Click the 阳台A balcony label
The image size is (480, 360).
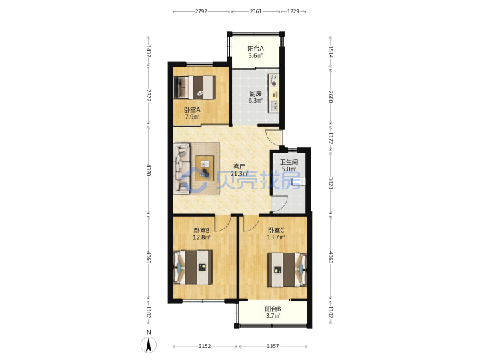pyautogui.click(x=255, y=49)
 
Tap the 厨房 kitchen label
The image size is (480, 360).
pyautogui.click(x=255, y=94)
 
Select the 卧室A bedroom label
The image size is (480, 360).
pyautogui.click(x=192, y=109)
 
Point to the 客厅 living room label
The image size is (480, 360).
pyautogui.click(x=239, y=167)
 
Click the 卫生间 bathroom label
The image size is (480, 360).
pyautogui.click(x=289, y=162)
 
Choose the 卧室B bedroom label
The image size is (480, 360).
pyautogui.click(x=201, y=230)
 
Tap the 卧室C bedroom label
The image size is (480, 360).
pyautogui.click(x=276, y=230)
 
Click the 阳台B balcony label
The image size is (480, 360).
pyautogui.click(x=273, y=309)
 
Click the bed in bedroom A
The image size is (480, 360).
pyautogui.click(x=195, y=87)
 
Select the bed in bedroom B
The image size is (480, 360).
pyautogui.click(x=193, y=267)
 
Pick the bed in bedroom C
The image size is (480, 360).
pyautogui.click(x=287, y=269)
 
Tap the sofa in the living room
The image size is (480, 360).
pyautogui.click(x=182, y=169)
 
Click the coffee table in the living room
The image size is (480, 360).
pyautogui.click(x=205, y=169)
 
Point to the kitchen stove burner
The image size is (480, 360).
pyautogui.click(x=274, y=83)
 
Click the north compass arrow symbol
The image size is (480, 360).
pyautogui.click(x=149, y=345)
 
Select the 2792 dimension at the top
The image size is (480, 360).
pyautogui.click(x=201, y=11)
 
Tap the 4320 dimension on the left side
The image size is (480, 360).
pyautogui.click(x=149, y=170)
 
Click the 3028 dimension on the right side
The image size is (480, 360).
pyautogui.click(x=330, y=183)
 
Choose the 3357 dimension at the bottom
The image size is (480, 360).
pyautogui.click(x=273, y=346)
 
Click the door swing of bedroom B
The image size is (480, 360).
pyautogui.click(x=222, y=223)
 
